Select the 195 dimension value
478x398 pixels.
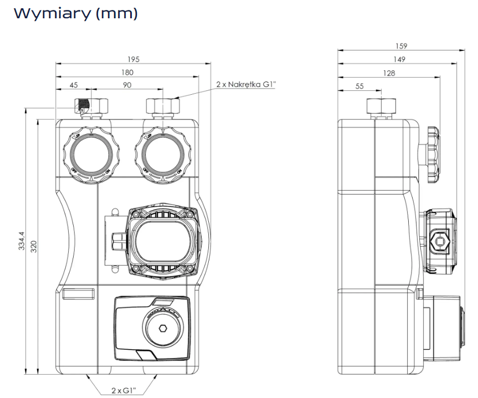(133, 59)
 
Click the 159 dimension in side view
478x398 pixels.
(402, 47)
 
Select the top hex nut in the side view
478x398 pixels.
(382, 105)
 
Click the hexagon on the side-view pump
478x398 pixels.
(440, 241)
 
